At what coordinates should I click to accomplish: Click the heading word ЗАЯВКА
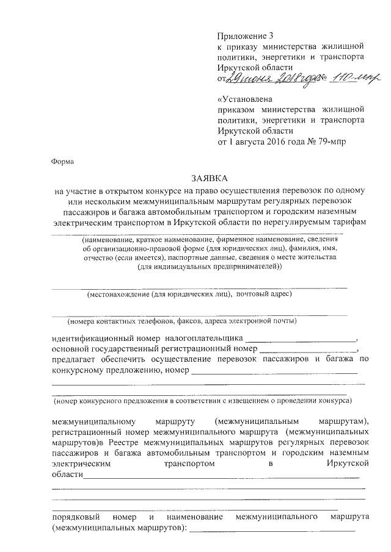pyautogui.click(x=209, y=179)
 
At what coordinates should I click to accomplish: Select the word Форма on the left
pyautogui.click(x=62, y=162)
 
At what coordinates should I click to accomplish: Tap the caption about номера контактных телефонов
pyautogui.click(x=182, y=320)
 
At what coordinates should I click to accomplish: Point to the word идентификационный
pyautogui.click(x=105, y=338)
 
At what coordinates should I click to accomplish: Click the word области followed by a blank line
pyautogui.click(x=67, y=475)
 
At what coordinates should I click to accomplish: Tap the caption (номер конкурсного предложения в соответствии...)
pyautogui.click(x=201, y=402)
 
